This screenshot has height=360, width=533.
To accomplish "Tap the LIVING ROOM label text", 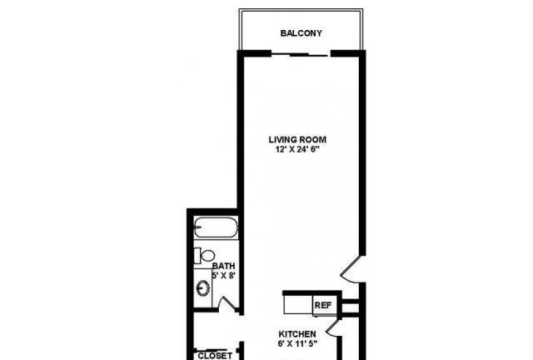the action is click(297, 139).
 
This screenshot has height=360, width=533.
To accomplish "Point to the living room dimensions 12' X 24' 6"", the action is click(298, 149).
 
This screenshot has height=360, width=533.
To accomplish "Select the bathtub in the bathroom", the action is click(216, 227).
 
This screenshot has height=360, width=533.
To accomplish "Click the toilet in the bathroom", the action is click(204, 255).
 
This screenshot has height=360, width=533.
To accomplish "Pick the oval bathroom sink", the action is click(203, 288).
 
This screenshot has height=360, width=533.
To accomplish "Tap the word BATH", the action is click(223, 266).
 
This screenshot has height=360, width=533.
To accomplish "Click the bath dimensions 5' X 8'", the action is click(223, 275).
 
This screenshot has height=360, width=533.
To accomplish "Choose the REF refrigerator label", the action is click(322, 306).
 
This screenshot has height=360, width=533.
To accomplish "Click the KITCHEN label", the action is click(297, 334).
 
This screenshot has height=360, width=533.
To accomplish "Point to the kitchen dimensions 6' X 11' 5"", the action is click(297, 343).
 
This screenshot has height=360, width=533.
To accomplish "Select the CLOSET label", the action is click(215, 356).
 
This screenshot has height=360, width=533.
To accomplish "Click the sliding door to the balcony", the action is click(301, 54).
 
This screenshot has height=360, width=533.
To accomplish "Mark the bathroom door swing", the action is click(227, 303).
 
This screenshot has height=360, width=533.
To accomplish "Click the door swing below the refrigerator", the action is click(333, 327).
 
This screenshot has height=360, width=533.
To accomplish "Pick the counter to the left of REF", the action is click(298, 304).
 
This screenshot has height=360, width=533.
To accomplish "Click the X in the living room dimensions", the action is click(291, 150).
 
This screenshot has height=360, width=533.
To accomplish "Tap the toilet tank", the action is click(197, 255).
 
